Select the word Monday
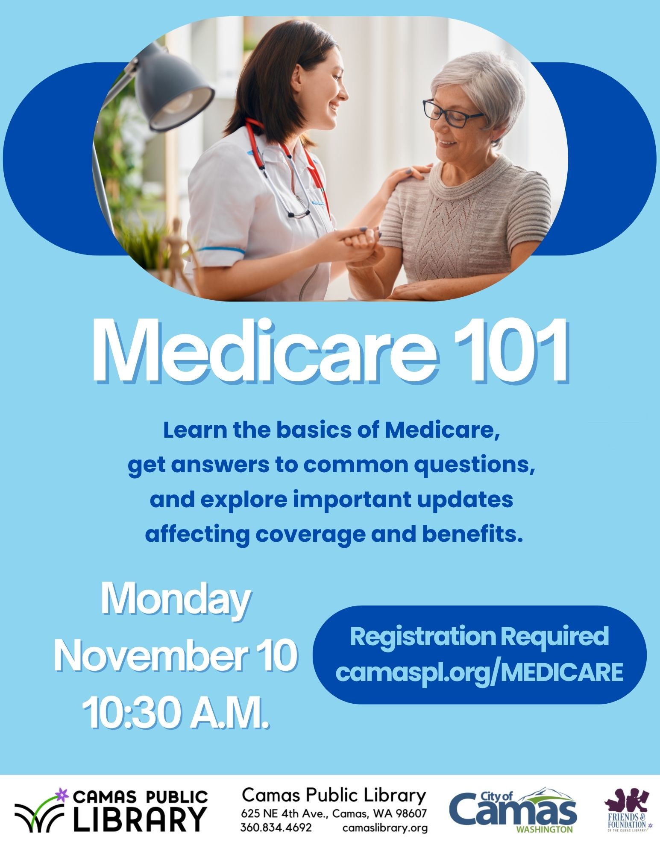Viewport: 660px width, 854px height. [x=176, y=602]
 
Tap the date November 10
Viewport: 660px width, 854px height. [x=176, y=655]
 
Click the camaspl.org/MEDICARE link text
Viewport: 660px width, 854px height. [x=479, y=672]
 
